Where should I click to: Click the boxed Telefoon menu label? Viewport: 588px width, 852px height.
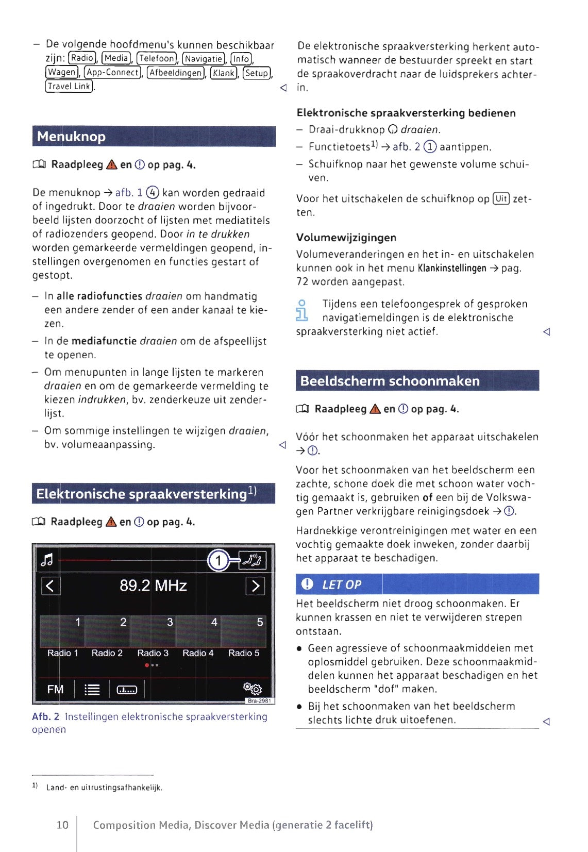(x=157, y=58)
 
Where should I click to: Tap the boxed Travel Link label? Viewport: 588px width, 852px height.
(x=69, y=86)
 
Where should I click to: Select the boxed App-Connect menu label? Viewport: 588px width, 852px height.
(x=113, y=72)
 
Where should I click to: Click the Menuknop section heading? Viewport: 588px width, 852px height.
(x=71, y=137)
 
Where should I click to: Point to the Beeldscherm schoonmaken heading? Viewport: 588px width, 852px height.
(x=390, y=381)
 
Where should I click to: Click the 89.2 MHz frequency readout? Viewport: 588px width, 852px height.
(x=153, y=586)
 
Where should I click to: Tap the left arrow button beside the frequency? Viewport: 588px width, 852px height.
(x=51, y=586)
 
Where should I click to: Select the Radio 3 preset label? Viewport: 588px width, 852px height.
(x=153, y=653)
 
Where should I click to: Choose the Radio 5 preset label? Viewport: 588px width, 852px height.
(x=244, y=653)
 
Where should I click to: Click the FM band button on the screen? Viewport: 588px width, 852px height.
(x=55, y=689)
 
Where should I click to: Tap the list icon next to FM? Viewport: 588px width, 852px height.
(x=92, y=690)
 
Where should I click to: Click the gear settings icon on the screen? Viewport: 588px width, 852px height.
(x=253, y=688)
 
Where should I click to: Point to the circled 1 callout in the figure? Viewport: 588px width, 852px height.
(x=219, y=560)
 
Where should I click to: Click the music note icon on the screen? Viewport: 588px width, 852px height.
(x=47, y=560)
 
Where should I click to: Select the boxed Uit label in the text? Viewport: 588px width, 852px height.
(x=501, y=198)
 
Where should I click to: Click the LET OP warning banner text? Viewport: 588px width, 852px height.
(x=341, y=584)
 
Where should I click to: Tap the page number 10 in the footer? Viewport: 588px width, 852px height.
(x=62, y=825)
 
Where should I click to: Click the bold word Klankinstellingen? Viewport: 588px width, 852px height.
(x=452, y=268)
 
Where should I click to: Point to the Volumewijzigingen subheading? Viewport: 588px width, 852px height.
(x=346, y=238)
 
